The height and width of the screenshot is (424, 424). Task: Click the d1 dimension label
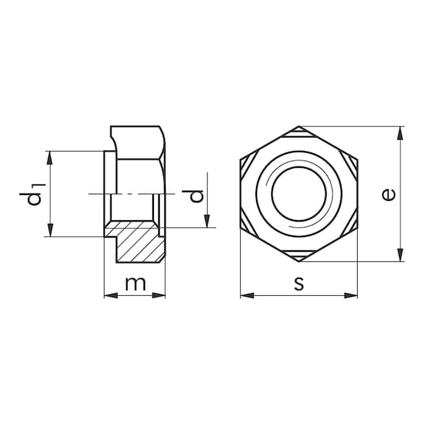pos(32,194)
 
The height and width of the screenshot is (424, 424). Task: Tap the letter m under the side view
pos(135,283)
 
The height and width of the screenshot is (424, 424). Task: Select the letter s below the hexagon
pos(299,283)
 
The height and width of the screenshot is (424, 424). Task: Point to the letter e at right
pos(389,194)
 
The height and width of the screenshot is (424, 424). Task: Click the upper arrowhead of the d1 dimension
pos(50,158)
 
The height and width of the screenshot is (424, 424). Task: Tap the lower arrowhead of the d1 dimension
pos(50,230)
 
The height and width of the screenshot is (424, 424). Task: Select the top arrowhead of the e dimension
pos(400,133)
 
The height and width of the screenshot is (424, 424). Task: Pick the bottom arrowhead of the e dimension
pos(400,255)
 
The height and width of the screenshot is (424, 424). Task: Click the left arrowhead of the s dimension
pos(247,296)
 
